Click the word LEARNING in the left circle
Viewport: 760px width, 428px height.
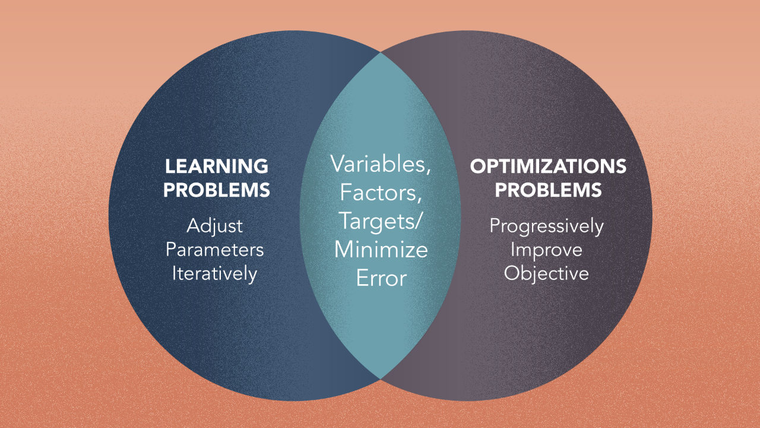tap(217, 166)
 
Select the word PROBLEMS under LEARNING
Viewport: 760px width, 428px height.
tap(217, 190)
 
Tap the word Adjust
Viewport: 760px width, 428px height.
tap(214, 226)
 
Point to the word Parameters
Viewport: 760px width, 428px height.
tap(214, 250)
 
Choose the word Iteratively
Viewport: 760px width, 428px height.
tap(214, 274)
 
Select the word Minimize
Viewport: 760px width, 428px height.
tap(381, 250)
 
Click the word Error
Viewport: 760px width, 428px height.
tap(381, 278)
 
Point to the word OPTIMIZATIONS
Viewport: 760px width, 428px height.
tap(548, 166)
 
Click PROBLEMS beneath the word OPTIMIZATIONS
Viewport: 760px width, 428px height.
tap(548, 190)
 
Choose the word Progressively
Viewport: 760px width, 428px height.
tap(547, 226)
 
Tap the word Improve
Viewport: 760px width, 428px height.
tap(546, 250)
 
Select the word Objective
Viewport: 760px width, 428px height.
tap(546, 273)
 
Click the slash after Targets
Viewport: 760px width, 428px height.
tap(417, 221)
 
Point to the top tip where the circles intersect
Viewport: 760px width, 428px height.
tap(381, 53)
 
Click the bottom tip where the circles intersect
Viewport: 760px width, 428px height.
tap(381, 379)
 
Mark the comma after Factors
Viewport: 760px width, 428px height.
tap(419, 200)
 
